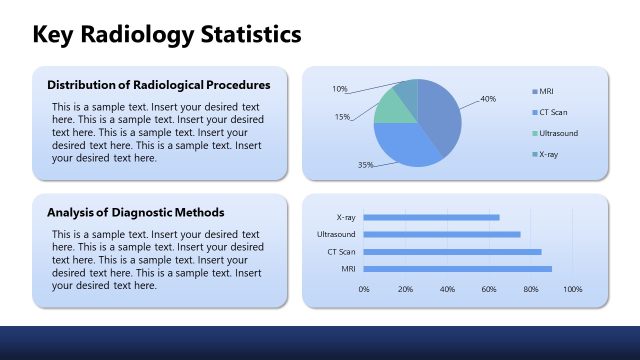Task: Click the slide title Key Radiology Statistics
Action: [167, 35]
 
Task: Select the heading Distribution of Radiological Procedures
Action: [158, 84]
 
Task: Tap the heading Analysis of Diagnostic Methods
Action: [135, 212]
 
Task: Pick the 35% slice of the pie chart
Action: [405, 145]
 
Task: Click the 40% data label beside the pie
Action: [488, 99]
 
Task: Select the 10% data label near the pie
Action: [340, 89]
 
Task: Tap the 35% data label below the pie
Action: [366, 164]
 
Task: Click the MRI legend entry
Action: [546, 91]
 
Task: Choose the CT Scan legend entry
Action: [552, 112]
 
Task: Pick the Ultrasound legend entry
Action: [557, 133]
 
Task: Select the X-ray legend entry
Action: [548, 154]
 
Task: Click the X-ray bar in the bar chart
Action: [431, 217]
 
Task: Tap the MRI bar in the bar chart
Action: [457, 268]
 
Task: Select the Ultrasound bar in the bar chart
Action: [442, 234]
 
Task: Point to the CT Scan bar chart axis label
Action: [341, 251]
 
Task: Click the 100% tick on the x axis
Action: [572, 289]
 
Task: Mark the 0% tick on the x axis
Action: [364, 289]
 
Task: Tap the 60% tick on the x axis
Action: [489, 289]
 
